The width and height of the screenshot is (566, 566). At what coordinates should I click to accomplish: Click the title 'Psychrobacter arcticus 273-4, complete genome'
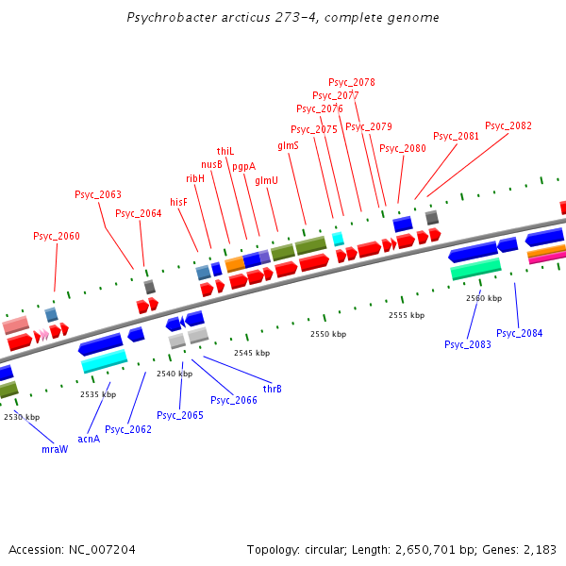[282, 18]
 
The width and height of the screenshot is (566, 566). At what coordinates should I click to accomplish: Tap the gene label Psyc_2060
[57, 236]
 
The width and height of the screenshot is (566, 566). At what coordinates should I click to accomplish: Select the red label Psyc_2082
[508, 125]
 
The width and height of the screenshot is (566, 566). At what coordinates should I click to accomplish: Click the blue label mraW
[55, 449]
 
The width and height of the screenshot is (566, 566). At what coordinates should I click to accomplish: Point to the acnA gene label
[89, 439]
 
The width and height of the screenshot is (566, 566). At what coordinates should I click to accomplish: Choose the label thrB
[272, 389]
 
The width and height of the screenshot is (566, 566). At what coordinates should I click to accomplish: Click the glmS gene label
[288, 146]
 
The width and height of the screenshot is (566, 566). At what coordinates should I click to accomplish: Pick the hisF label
[178, 202]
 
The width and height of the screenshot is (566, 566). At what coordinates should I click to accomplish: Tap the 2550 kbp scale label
[328, 334]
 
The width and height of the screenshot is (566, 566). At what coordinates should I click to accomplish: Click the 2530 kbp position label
[22, 416]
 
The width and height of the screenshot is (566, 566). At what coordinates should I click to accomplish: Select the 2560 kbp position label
[483, 298]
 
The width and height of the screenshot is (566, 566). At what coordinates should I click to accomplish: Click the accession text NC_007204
[72, 549]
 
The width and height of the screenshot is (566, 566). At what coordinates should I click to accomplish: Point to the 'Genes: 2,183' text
[523, 549]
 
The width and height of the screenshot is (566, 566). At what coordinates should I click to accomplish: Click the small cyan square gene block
[338, 239]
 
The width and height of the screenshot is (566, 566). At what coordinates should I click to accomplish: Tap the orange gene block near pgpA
[235, 264]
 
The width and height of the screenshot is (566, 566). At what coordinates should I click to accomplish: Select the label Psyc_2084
[520, 333]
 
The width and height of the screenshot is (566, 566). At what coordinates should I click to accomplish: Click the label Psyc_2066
[234, 400]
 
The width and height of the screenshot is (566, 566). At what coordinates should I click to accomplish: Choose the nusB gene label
[211, 164]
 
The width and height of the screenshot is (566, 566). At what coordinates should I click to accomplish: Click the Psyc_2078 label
[352, 82]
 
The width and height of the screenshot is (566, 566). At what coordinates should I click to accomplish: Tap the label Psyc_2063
[98, 194]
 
